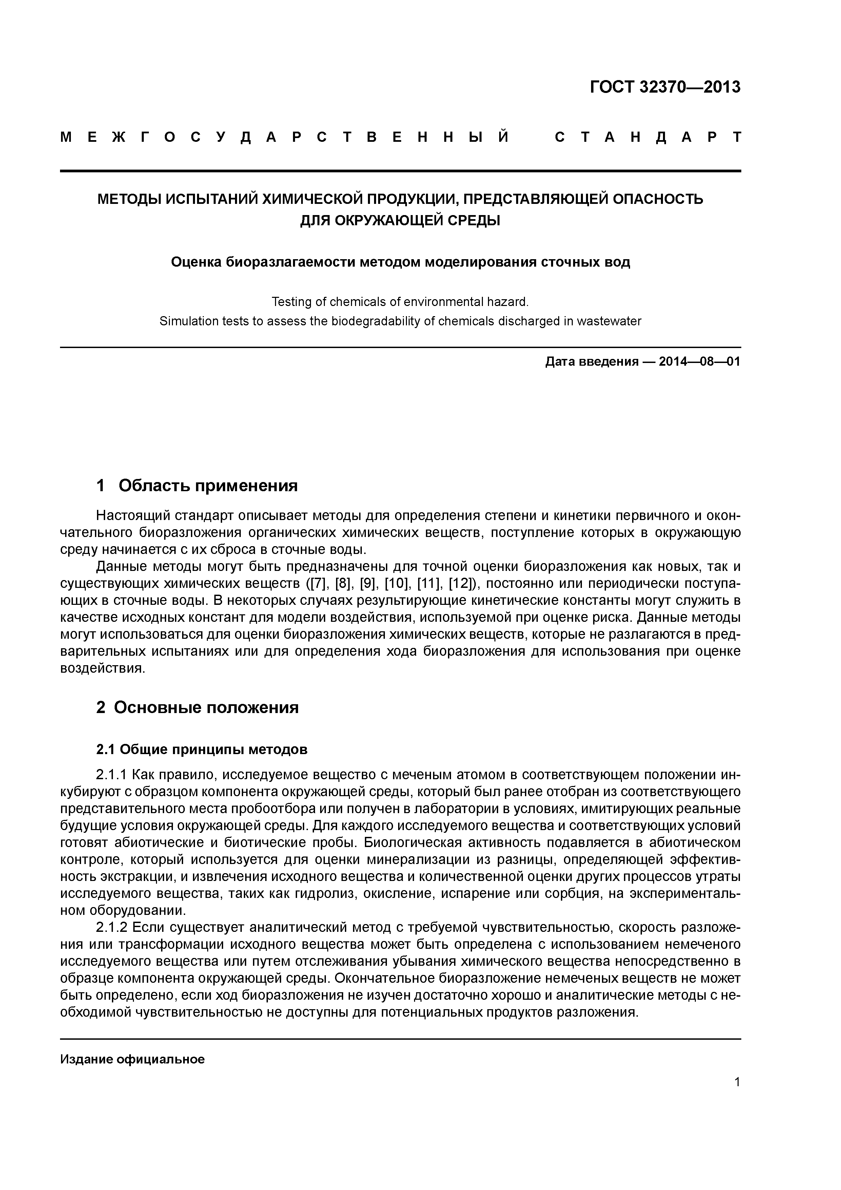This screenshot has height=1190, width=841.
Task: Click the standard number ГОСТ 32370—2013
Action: click(665, 87)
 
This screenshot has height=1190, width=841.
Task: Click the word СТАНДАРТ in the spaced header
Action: click(648, 137)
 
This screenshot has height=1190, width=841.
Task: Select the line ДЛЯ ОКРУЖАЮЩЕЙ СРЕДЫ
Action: click(400, 221)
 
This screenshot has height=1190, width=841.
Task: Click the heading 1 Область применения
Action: click(197, 486)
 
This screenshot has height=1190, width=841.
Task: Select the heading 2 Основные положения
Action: click(197, 708)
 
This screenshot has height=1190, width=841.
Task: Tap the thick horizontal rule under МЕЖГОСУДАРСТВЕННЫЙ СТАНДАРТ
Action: click(400, 171)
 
